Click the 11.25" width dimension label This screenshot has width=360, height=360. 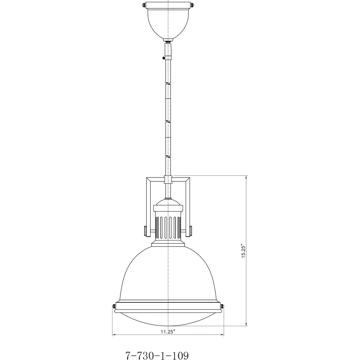tap(168, 332)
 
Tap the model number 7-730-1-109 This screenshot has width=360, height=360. tap(157, 355)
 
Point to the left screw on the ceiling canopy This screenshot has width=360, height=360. tap(144, 5)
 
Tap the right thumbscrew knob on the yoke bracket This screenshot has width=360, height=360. tap(191, 231)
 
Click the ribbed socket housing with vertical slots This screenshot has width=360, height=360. tap(168, 227)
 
